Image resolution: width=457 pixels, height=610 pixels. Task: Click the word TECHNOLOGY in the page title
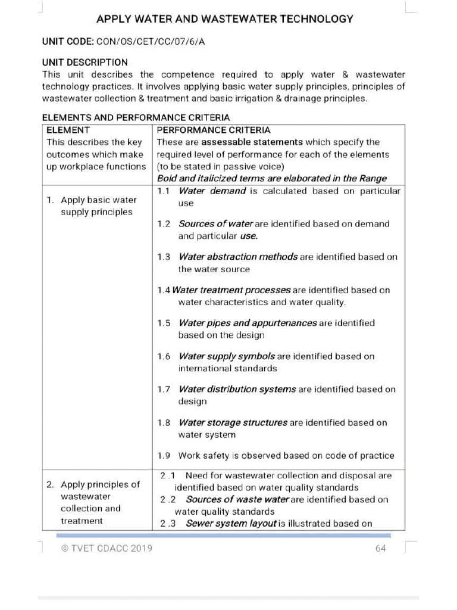tap(316, 19)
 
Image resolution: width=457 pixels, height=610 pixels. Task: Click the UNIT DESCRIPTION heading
tap(84, 62)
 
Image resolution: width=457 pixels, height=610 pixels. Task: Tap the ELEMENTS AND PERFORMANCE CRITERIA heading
tap(136, 118)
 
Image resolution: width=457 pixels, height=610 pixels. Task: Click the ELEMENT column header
tap(68, 130)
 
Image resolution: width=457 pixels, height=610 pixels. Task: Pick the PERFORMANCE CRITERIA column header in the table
tap(213, 130)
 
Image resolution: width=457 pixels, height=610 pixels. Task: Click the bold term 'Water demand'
tap(212, 191)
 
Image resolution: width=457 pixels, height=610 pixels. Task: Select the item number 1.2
tap(164, 224)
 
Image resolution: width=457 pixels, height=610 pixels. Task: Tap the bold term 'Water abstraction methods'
tap(238, 257)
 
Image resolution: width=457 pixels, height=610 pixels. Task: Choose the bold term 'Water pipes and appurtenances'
tap(248, 323)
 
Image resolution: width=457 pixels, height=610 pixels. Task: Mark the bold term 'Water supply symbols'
tap(227, 356)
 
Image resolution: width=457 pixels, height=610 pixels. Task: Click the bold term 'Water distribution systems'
tap(237, 389)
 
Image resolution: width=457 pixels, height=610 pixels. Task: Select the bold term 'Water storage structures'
tap(233, 422)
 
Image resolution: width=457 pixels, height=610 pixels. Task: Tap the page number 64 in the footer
tap(381, 548)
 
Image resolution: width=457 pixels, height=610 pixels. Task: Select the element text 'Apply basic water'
tap(98, 200)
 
